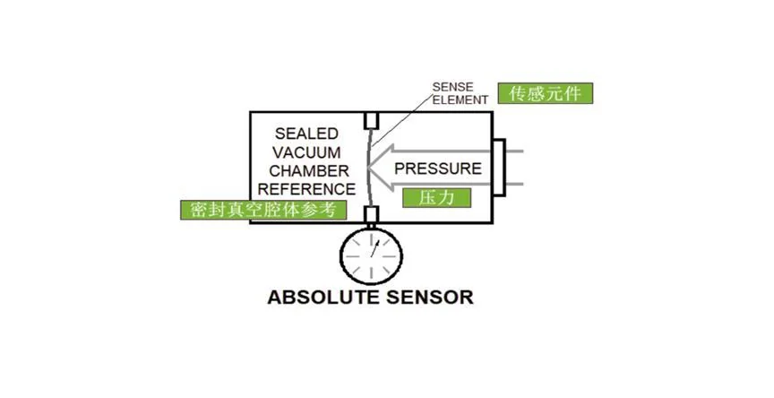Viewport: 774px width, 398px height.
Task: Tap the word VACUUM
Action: click(306, 151)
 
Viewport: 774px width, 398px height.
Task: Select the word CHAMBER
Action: click(306, 170)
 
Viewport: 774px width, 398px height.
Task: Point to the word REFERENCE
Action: click(307, 189)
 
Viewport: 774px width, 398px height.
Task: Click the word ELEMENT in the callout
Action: click(459, 99)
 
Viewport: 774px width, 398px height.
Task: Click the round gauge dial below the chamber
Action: click(371, 255)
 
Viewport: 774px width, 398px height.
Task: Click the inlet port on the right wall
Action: click(499, 168)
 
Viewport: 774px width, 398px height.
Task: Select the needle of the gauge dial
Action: click(373, 252)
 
